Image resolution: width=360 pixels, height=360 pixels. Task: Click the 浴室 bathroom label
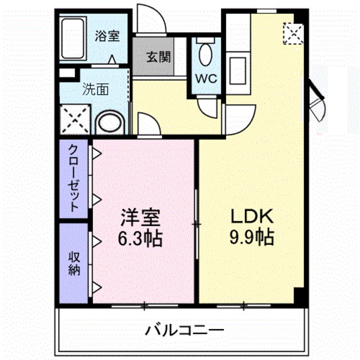coord(107,36)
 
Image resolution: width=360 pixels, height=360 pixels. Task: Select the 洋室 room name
coord(140,217)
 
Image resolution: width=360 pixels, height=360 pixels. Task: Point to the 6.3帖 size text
coord(140,239)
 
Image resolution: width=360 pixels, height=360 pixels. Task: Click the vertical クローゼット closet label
coord(74,177)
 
